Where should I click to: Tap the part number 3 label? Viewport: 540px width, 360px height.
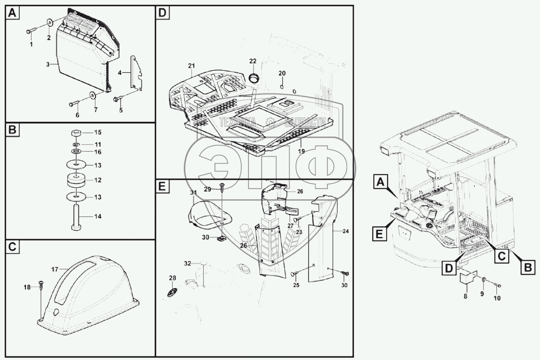click(x=48, y=64)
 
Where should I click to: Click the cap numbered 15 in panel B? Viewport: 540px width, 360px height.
click(x=77, y=133)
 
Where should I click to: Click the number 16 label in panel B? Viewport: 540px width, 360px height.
click(x=98, y=152)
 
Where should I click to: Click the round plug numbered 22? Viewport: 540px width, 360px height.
click(x=253, y=77)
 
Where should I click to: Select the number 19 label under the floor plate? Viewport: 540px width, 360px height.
click(x=301, y=151)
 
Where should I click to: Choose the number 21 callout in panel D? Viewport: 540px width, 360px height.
click(x=191, y=66)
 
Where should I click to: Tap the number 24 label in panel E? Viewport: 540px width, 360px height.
click(x=345, y=231)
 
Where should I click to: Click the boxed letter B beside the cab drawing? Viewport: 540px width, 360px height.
click(x=528, y=267)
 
